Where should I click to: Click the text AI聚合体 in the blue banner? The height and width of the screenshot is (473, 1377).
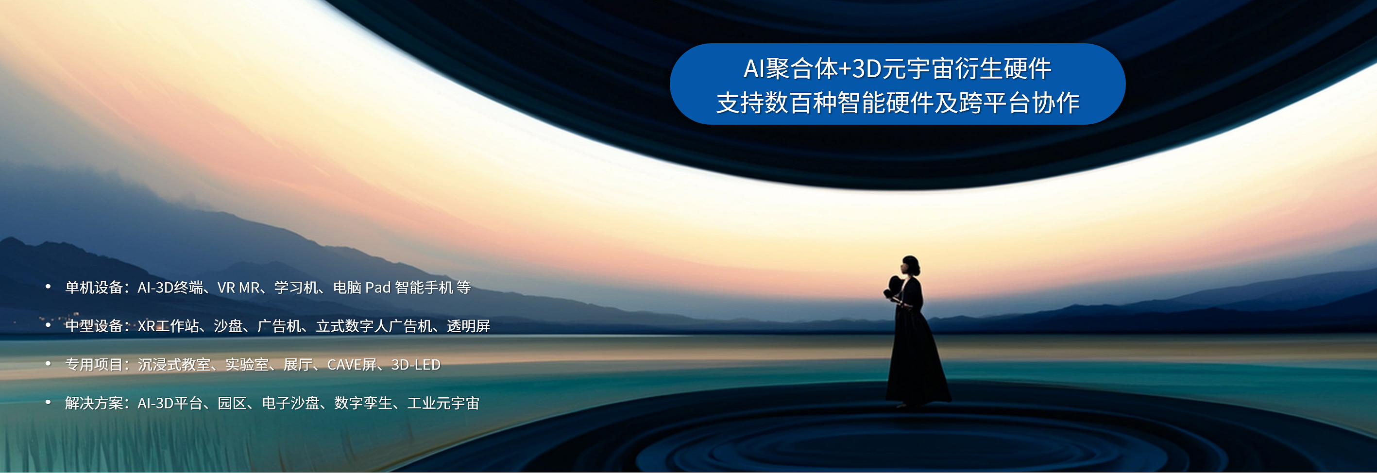pyautogui.click(x=791, y=69)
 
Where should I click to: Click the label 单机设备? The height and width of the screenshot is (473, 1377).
pyautogui.click(x=94, y=287)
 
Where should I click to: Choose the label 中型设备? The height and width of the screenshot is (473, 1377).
pyautogui.click(x=94, y=326)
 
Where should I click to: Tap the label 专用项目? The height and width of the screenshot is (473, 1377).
pyautogui.click(x=94, y=365)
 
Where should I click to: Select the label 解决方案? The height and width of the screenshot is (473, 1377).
pyautogui.click(x=94, y=403)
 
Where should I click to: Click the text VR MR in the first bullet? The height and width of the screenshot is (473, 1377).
pyautogui.click(x=238, y=288)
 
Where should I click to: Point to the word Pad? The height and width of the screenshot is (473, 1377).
pyautogui.click(x=377, y=288)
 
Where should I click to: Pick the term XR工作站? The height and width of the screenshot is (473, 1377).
pyautogui.click(x=169, y=326)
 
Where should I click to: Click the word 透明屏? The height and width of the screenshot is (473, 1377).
pyautogui.click(x=468, y=326)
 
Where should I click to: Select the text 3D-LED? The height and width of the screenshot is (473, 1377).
pyautogui.click(x=416, y=365)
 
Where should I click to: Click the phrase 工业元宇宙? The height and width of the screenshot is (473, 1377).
pyautogui.click(x=443, y=403)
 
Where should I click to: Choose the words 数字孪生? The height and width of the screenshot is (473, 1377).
pyautogui.click(x=363, y=403)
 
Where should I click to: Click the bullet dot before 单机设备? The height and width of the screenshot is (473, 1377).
pyautogui.click(x=48, y=287)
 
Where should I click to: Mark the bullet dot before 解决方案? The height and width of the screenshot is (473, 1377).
pyautogui.click(x=48, y=403)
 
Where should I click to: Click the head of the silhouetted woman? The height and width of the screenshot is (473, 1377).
pyautogui.click(x=910, y=266)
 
